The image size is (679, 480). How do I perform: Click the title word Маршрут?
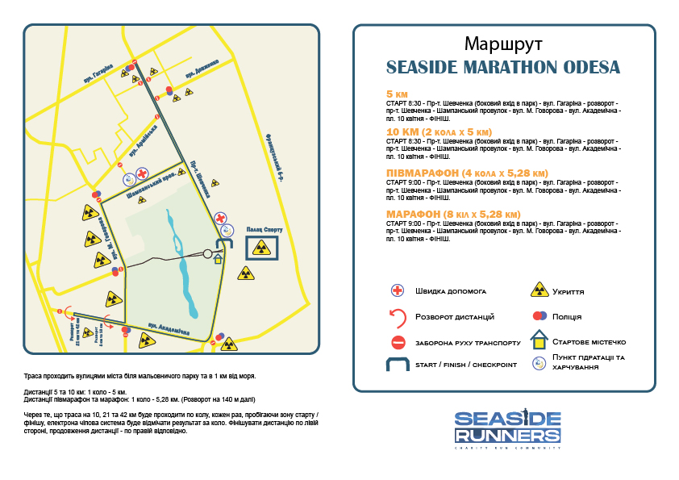click(503, 43)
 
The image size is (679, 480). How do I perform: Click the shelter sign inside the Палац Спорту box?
click(260, 247)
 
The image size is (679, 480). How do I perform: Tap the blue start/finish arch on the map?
click(223, 246)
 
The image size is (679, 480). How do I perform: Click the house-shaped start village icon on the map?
click(217, 259)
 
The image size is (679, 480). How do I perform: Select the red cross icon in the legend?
click(397, 290)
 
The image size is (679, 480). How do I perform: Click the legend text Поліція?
click(567, 316)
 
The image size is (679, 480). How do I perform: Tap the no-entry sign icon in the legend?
click(397, 341)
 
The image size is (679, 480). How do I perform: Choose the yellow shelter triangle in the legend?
click(538, 290)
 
